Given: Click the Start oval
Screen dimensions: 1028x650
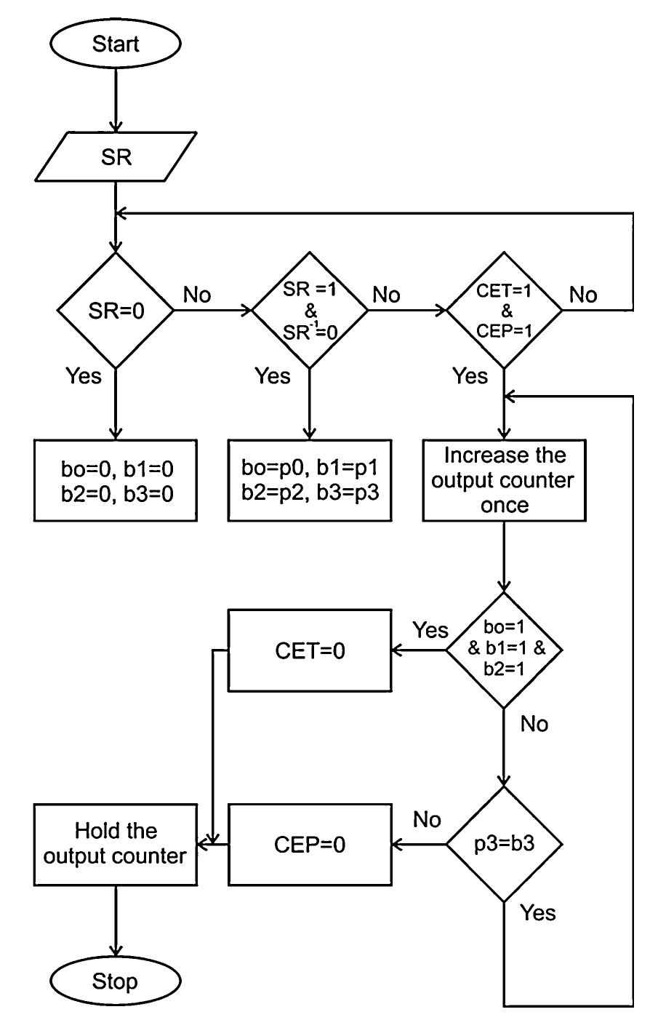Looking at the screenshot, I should point(116,44).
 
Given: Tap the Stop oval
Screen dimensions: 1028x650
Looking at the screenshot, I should point(116,981).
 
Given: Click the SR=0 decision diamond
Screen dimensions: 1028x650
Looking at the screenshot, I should point(116,311).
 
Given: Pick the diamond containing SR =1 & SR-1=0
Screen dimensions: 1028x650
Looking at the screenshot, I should point(310,311).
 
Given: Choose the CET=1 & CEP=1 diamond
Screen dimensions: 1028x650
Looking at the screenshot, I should point(504,311).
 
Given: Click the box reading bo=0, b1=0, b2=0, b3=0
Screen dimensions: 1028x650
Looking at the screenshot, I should point(116,480).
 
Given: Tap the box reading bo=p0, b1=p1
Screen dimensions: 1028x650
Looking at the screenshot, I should point(310,480).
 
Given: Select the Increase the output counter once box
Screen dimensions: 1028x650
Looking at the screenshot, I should point(504,480).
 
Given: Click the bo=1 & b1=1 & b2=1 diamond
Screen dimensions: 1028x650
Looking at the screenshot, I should point(504,650).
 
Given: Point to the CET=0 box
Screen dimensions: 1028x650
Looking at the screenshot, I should point(310,650).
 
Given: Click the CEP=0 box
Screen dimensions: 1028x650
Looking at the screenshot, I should point(310,844).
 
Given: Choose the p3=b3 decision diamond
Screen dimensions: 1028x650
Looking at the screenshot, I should point(504,844).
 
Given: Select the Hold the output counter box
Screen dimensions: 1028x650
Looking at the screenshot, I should point(116,844).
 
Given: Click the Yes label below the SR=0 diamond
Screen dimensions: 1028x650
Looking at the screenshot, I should point(84,376).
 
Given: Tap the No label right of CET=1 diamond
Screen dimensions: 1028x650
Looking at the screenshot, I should point(583,295).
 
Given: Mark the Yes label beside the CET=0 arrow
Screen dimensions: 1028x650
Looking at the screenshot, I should point(430,630).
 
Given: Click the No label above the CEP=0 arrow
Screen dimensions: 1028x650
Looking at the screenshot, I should point(427,820).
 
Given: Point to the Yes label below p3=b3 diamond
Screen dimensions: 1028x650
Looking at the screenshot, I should point(538,913).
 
